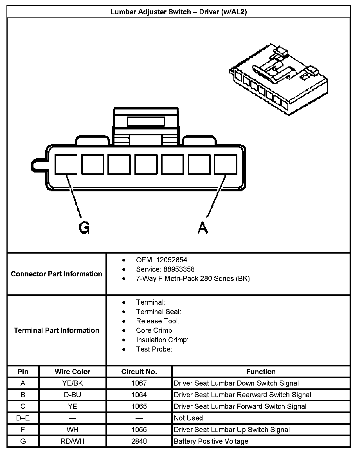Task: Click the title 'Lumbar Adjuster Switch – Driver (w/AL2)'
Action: (178, 12)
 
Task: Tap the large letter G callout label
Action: (84, 227)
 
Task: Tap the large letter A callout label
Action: (203, 227)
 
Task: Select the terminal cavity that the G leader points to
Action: (66, 164)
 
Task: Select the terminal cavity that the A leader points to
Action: (226, 164)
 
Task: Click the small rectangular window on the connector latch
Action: (146, 122)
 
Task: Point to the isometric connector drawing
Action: (278, 79)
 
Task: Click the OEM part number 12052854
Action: (172, 260)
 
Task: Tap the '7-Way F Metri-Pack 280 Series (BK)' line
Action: (193, 279)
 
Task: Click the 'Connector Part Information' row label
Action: (57, 274)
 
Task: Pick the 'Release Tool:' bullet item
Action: (157, 321)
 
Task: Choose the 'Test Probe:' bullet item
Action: (154, 349)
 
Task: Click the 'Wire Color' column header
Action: (73, 372)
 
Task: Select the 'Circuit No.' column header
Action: (139, 372)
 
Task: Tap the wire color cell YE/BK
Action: (73, 383)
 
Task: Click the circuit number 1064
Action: (139, 395)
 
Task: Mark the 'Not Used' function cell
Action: (188, 418)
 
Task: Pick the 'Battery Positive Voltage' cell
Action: (211, 441)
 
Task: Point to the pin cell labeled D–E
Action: (23, 418)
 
